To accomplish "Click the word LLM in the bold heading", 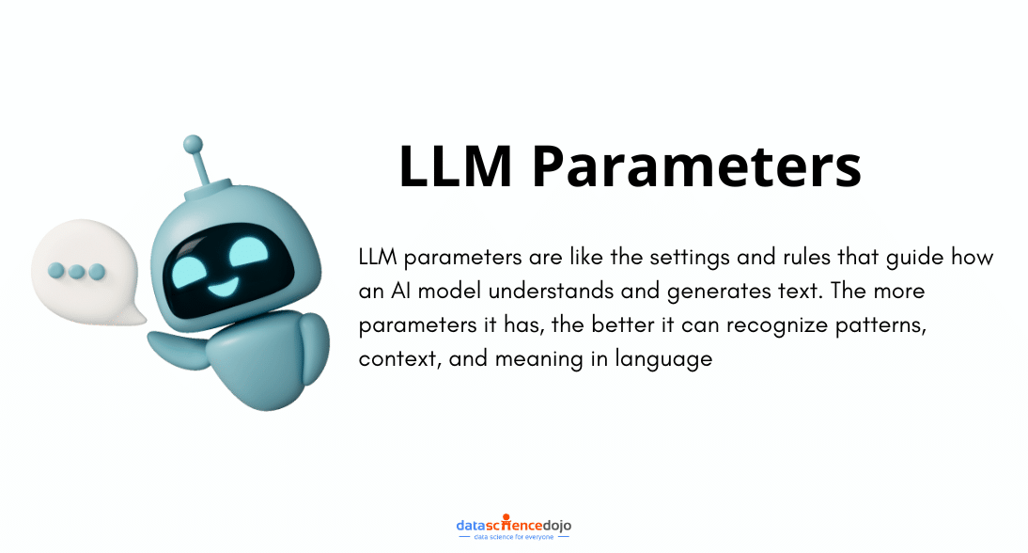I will pyautogui.click(x=455, y=167).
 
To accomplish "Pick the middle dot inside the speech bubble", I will pyautogui.click(x=75, y=271).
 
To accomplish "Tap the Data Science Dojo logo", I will pyautogui.click(x=513, y=525).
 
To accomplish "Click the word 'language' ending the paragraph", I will pyautogui.click(x=664, y=359).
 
